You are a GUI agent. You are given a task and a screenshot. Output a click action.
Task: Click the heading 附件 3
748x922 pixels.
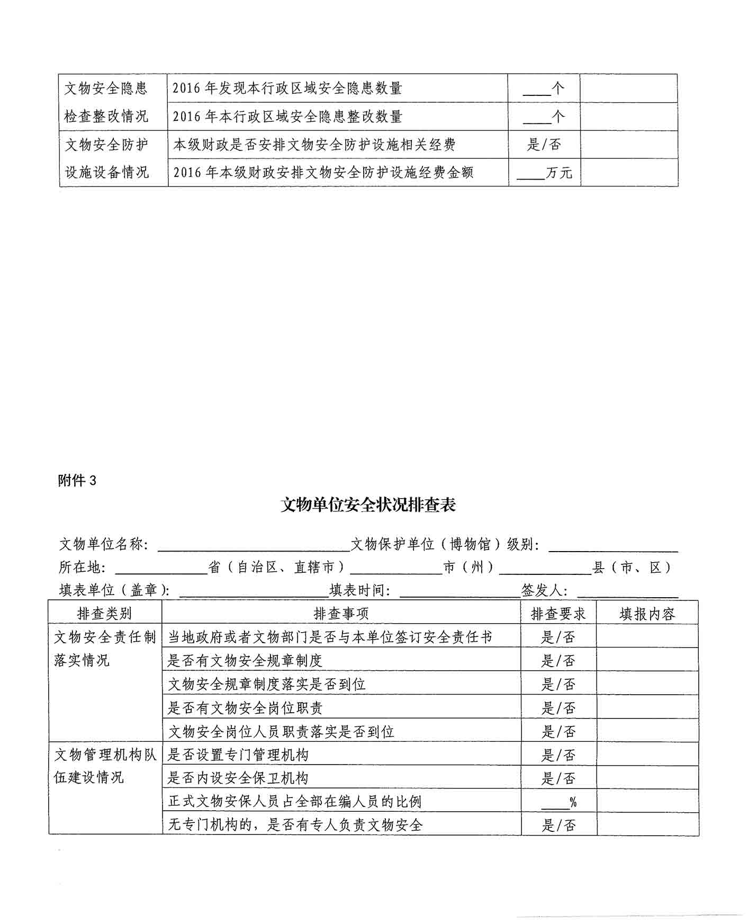click(x=77, y=481)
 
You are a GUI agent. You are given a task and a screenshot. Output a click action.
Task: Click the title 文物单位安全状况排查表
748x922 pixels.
click(x=368, y=505)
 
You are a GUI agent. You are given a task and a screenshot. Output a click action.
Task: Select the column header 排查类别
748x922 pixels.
click(x=104, y=614)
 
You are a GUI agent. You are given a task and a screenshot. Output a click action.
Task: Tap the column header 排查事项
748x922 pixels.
click(x=341, y=614)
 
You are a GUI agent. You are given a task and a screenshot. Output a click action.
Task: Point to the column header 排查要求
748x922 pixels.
click(x=558, y=614)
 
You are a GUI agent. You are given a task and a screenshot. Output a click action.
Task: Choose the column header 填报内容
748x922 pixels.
click(x=647, y=614)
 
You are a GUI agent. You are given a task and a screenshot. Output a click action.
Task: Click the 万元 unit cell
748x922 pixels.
click(x=545, y=173)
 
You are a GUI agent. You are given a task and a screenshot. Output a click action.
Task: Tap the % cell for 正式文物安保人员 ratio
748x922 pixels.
click(x=558, y=802)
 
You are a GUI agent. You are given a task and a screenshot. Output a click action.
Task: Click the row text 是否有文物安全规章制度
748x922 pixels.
click(x=245, y=660)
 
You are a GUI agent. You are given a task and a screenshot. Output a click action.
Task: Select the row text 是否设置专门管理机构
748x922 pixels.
click(x=238, y=755)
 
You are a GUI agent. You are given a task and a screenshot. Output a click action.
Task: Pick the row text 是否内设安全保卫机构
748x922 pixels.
click(x=238, y=778)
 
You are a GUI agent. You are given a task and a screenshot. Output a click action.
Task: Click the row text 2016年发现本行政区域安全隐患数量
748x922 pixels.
click(x=287, y=88)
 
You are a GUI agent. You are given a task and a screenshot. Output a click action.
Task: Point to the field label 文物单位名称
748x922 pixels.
click(x=104, y=544)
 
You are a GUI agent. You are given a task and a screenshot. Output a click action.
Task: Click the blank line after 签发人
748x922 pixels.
click(x=627, y=591)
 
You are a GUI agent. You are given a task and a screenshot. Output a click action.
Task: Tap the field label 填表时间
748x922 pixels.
click(x=360, y=590)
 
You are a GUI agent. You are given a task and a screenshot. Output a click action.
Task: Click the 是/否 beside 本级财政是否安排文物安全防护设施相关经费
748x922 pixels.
click(x=544, y=144)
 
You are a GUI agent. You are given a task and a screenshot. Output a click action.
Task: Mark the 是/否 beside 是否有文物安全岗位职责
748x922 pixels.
click(x=558, y=708)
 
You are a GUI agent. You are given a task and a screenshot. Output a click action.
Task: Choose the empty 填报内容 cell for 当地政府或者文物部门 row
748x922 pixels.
click(x=647, y=636)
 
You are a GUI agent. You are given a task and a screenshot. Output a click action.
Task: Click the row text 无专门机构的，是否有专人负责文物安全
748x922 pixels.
click(x=295, y=825)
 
